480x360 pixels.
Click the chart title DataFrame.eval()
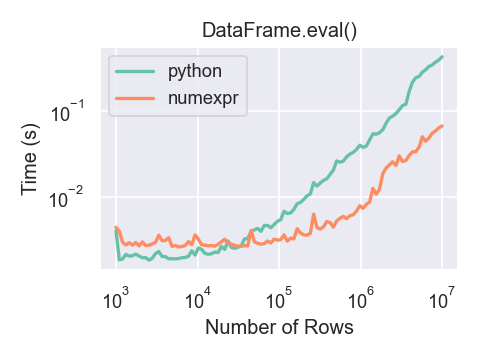tap(279, 30)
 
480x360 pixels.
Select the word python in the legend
tap(194, 71)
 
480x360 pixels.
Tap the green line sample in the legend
tap(135, 71)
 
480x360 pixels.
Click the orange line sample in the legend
tap(135, 98)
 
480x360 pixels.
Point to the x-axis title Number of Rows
tap(279, 326)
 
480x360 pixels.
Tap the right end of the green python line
tap(442, 57)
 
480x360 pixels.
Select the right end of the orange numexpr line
tap(442, 126)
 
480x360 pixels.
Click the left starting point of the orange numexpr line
tap(116, 228)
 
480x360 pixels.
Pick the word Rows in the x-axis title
tap(331, 326)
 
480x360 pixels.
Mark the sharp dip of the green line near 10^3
tap(119, 260)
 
